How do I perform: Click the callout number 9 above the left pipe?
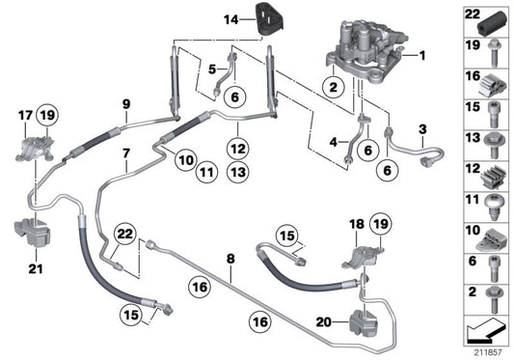tap(125, 103)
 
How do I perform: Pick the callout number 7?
tap(125, 153)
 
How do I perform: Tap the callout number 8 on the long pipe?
tap(231, 259)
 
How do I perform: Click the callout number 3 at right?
tap(421, 128)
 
